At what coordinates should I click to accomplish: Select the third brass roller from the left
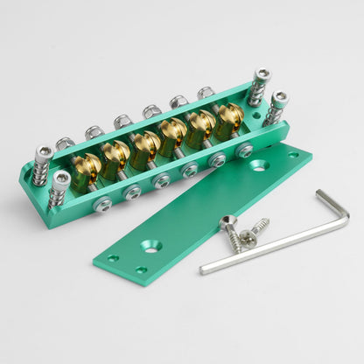146,145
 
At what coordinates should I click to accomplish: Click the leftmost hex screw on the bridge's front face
102,205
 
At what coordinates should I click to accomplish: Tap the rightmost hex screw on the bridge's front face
244,150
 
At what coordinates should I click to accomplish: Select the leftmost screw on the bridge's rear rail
65,143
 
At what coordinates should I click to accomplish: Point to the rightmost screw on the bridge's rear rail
205,92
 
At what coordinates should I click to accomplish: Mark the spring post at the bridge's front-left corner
60,187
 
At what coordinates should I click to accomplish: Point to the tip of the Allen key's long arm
203,269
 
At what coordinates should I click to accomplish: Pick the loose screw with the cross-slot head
250,235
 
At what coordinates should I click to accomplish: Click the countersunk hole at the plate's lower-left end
150,248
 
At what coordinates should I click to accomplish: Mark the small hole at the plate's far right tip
294,155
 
